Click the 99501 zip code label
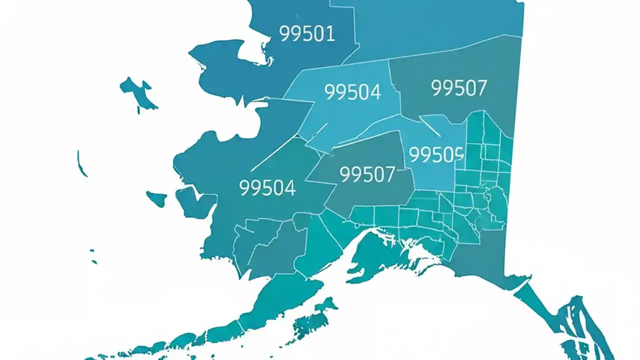click(306, 34)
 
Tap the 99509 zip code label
click(436, 154)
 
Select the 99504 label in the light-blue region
click(352, 92)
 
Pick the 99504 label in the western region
click(267, 188)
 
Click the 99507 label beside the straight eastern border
click(458, 88)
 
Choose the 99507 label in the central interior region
click(367, 174)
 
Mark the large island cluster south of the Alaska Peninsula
click(312, 320)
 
